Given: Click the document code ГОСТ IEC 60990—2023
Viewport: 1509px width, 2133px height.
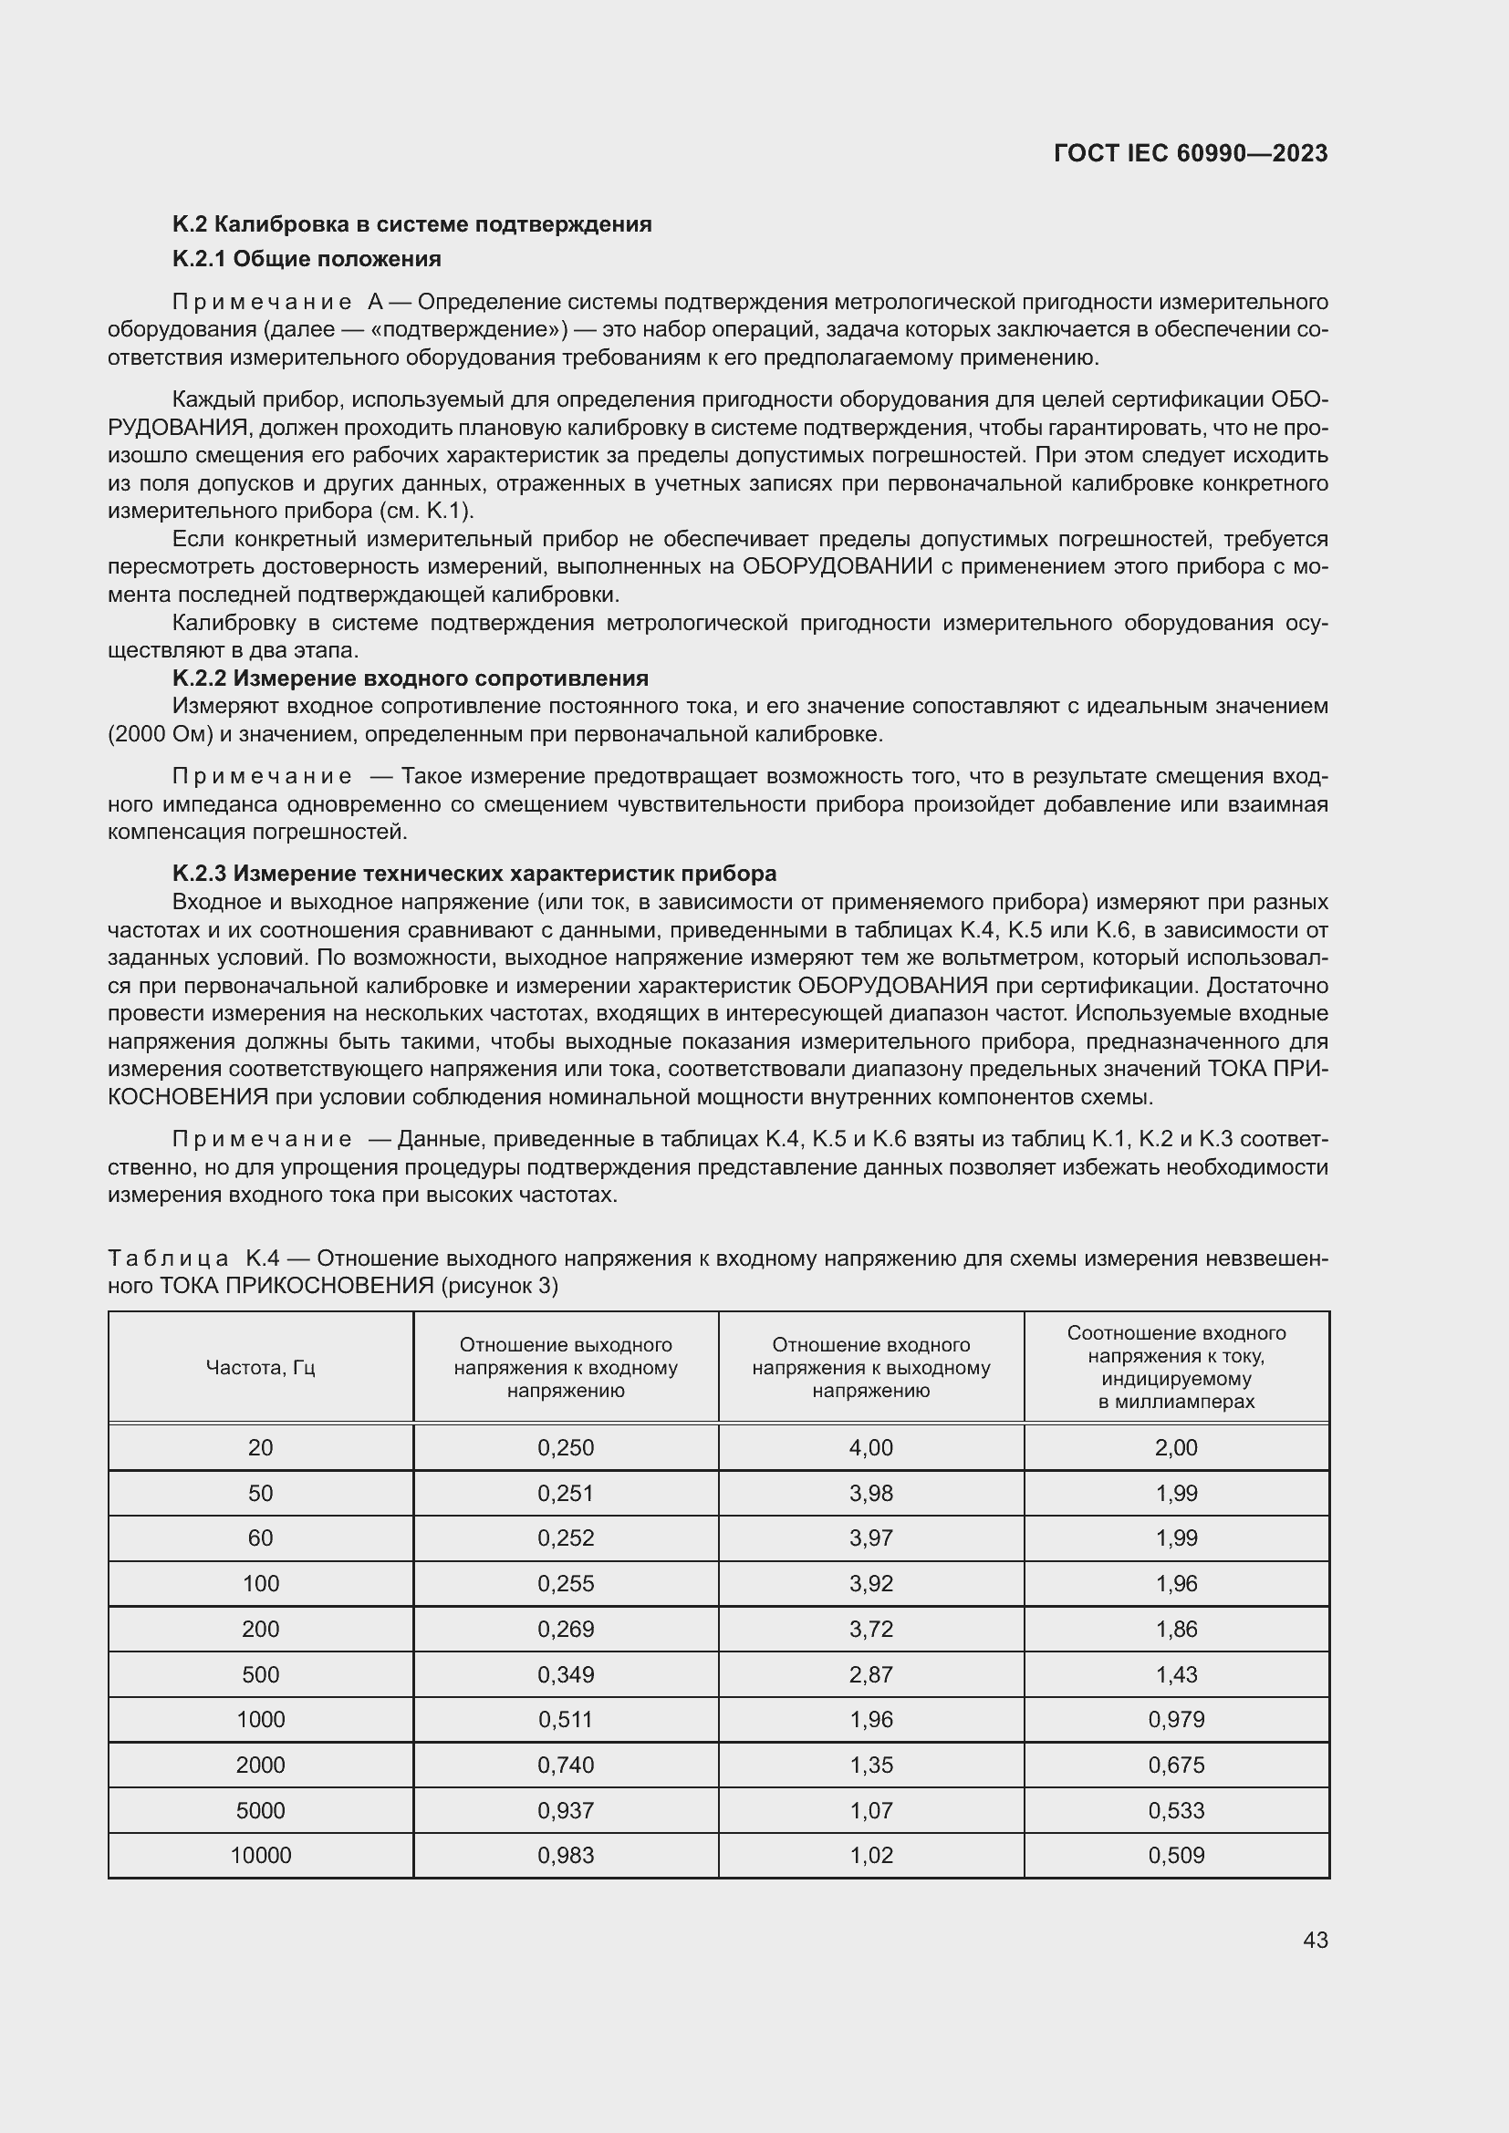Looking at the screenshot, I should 1191,153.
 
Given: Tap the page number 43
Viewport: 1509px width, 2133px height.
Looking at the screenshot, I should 1315,1940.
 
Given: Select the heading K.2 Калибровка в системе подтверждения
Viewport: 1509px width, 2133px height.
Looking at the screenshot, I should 411,224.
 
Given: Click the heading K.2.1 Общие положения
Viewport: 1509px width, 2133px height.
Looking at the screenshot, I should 307,258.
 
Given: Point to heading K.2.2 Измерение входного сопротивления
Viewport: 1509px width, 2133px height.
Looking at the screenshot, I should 410,678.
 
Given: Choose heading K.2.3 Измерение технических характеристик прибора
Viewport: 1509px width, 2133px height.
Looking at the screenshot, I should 474,874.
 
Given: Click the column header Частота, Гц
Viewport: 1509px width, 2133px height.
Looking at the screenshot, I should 260,1368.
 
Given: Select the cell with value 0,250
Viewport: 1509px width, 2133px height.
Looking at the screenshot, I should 565,1447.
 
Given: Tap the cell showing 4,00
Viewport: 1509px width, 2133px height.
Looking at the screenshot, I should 870,1447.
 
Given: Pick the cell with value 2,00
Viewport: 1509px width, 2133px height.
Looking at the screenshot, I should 1176,1447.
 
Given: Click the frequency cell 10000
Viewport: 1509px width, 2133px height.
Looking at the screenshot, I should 260,1855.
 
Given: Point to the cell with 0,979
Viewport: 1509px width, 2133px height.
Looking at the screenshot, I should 1176,1720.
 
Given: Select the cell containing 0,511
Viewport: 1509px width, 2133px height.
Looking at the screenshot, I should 565,1720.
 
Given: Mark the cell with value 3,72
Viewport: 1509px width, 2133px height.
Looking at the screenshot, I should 870,1629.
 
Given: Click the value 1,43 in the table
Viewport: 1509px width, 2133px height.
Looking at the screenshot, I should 1176,1674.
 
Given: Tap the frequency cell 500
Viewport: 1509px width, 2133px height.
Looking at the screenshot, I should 260,1674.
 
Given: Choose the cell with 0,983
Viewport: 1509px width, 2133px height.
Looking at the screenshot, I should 565,1855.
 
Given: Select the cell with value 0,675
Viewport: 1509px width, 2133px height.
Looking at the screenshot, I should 1176,1765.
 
